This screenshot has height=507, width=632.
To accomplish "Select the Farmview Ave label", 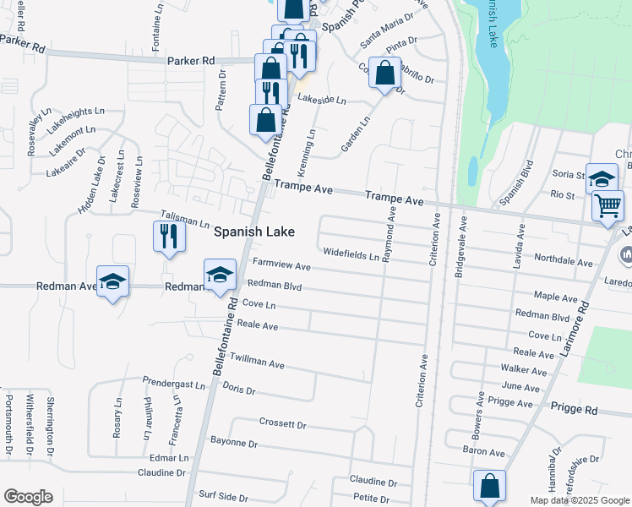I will coord(281,265).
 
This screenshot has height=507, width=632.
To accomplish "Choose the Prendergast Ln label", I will coord(174,384).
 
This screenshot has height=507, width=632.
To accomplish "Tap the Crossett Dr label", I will coord(282,422).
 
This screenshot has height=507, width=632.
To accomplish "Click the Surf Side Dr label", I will coord(223,497).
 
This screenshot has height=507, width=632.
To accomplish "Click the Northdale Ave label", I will coord(563,261).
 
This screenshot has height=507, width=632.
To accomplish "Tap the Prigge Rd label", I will coord(574,408).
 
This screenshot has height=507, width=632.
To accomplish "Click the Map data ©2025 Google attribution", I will coord(579,500).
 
